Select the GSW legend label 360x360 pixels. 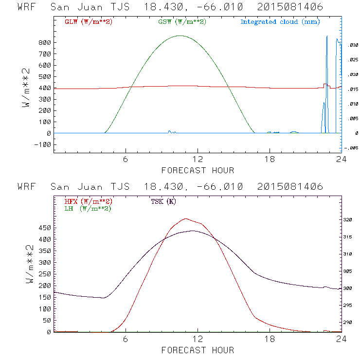[x=182, y=22]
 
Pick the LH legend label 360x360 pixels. [x=88, y=208]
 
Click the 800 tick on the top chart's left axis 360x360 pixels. [x=45, y=43]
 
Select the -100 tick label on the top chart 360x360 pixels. [x=43, y=144]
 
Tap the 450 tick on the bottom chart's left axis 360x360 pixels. [x=45, y=228]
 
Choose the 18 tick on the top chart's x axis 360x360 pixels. [x=270, y=160]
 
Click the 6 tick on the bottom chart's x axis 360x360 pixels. [x=126, y=339]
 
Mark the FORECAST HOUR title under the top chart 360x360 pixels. [x=198, y=170]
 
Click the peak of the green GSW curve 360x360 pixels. [x=180, y=36]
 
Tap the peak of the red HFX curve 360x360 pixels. [x=185, y=218]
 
